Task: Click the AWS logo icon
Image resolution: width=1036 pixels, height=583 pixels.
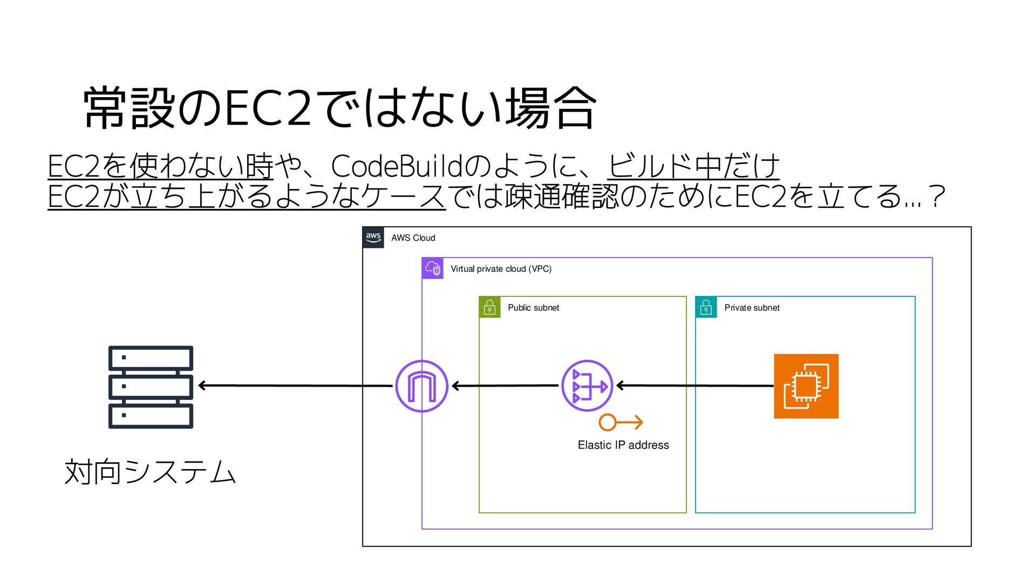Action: [373, 238]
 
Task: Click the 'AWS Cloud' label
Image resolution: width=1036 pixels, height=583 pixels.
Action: [413, 238]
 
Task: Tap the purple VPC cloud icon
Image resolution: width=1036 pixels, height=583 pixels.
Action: [433, 268]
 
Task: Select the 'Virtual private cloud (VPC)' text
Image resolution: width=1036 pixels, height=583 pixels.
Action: [501, 269]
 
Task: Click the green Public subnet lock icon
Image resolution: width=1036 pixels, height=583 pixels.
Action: [489, 307]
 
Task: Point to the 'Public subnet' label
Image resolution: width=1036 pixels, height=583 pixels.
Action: [533, 308]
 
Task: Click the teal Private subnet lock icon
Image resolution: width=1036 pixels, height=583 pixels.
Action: [706, 307]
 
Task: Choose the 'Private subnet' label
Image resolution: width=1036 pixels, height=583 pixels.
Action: [752, 308]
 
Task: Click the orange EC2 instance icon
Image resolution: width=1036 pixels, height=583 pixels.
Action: [806, 386]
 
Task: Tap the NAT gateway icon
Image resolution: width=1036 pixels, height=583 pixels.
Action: [587, 386]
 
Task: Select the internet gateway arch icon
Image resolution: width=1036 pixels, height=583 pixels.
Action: [421, 386]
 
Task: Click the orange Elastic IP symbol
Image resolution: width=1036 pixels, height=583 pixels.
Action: [621, 422]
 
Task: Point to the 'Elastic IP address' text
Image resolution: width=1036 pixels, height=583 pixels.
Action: [623, 445]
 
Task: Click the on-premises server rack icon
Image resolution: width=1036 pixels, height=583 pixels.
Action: [151, 387]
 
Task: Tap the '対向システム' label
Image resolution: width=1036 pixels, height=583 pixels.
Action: [150, 472]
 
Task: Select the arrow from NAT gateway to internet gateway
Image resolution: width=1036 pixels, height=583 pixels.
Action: [505, 385]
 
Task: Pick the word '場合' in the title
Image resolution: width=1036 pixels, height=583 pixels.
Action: [551, 108]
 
